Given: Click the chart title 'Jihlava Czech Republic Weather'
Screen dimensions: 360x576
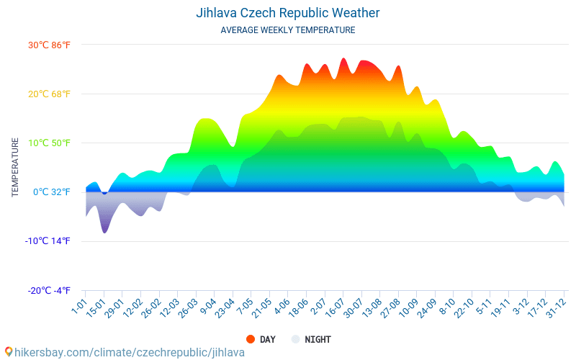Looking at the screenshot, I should click(x=288, y=13).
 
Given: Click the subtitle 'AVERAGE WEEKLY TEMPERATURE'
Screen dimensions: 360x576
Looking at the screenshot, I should click(x=288, y=30).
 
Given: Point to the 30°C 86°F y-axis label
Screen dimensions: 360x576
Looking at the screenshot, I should click(x=49, y=45).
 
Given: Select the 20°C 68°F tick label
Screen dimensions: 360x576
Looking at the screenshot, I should click(x=49, y=94).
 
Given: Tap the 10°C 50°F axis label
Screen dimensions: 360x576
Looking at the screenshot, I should click(x=49, y=143).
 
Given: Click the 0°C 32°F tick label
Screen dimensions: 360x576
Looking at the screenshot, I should click(x=51, y=192).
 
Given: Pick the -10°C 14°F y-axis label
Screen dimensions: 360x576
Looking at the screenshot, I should click(x=48, y=241).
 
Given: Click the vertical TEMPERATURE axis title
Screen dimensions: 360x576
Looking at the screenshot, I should click(x=15, y=168).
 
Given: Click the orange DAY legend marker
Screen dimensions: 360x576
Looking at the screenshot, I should click(x=251, y=339).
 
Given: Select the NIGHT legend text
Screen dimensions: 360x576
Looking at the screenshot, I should click(x=318, y=339).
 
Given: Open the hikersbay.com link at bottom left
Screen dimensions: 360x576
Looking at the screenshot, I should click(x=130, y=352).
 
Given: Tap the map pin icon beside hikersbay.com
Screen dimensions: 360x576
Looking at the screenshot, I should click(x=9, y=352).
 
